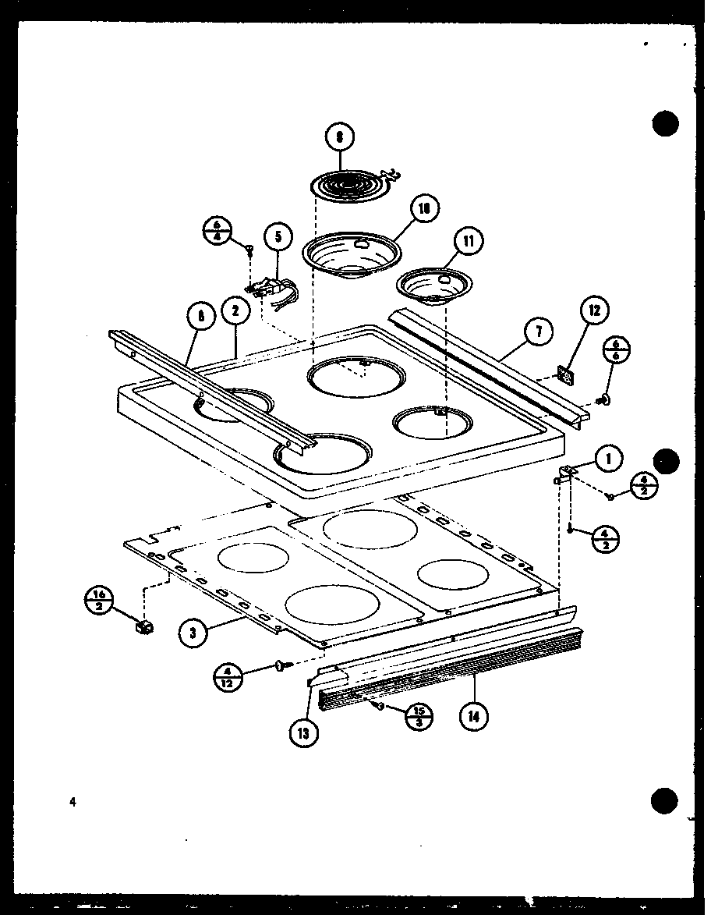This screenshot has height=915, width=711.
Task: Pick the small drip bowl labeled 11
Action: (x=432, y=284)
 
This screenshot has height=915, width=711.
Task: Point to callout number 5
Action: (x=277, y=236)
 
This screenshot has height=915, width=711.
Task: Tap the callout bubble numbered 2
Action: (x=235, y=312)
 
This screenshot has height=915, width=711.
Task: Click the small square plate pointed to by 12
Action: (x=569, y=377)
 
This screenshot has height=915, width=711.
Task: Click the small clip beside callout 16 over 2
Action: (x=144, y=626)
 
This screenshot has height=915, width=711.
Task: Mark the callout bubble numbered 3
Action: (x=191, y=633)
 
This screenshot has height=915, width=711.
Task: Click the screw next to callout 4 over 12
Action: (x=281, y=665)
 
